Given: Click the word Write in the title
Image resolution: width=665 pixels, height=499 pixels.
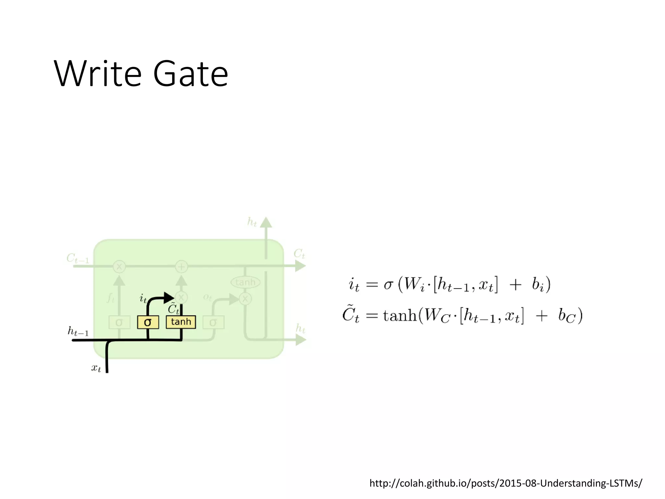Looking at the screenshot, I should (97, 74).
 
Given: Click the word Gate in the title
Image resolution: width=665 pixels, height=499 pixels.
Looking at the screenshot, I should (191, 74).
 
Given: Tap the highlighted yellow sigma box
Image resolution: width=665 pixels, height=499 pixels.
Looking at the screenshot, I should (148, 322).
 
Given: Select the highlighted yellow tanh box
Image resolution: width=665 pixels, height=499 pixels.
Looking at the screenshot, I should (181, 322).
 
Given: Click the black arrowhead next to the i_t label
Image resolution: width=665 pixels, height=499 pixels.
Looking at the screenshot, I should (169, 297).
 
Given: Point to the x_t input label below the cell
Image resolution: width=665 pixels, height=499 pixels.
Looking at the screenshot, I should (96, 368).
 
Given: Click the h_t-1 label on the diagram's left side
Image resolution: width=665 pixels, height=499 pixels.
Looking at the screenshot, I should (78, 331).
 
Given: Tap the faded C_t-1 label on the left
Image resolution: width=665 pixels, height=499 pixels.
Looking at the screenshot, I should (78, 259).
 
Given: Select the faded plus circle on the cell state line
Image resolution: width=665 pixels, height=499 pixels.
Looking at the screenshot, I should (181, 267).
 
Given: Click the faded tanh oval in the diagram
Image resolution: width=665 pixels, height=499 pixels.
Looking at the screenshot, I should (245, 282).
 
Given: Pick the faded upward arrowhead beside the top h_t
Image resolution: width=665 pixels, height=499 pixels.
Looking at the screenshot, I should (266, 223).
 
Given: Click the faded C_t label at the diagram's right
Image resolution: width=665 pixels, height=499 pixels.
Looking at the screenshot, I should (299, 254).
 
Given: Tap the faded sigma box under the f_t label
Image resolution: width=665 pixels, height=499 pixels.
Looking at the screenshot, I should (119, 322).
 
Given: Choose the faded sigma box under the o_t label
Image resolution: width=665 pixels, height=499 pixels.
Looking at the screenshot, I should (213, 322).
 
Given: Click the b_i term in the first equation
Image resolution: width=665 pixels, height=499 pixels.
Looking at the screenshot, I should (538, 285).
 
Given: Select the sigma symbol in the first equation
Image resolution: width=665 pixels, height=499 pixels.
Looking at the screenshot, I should (388, 285).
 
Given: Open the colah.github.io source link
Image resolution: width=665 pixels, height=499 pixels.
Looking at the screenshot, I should (506, 483).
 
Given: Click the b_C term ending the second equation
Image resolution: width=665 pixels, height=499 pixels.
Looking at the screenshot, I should (567, 316).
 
